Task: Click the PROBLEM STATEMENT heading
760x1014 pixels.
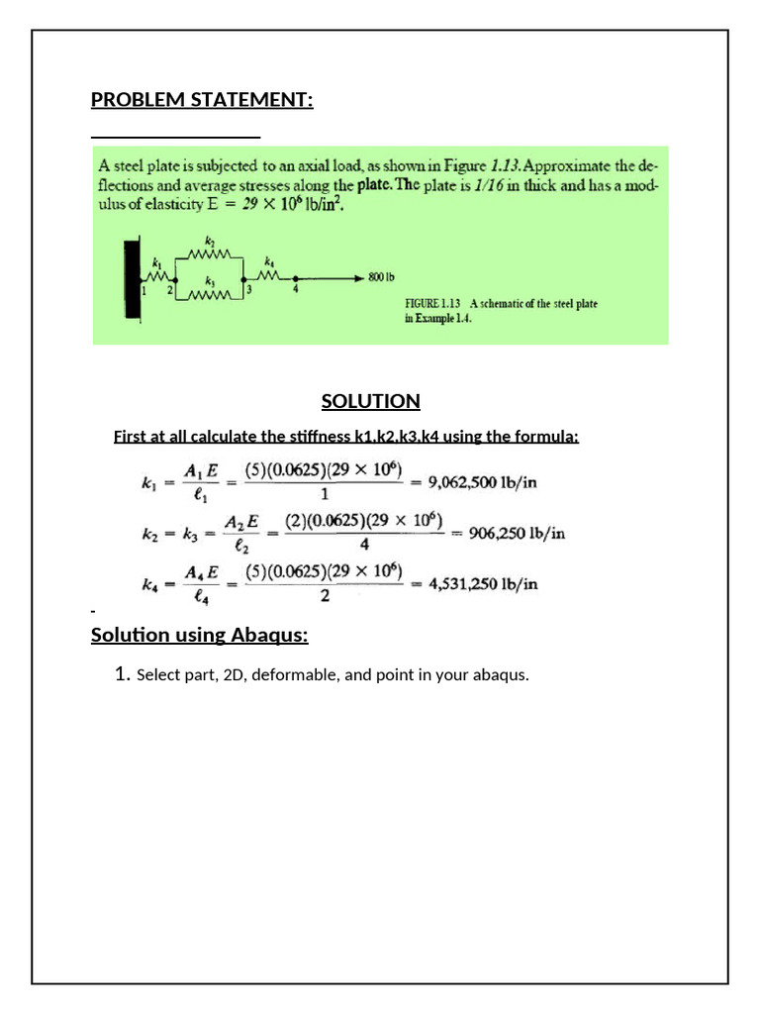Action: coord(202,100)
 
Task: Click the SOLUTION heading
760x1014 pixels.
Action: coord(370,401)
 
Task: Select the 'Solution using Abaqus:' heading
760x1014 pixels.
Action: coord(199,635)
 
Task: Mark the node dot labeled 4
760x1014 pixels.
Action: coord(294,278)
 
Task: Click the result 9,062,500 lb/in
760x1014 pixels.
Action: coord(482,482)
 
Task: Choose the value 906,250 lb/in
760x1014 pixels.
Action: coord(517,533)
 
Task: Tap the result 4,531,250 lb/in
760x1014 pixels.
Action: coord(482,583)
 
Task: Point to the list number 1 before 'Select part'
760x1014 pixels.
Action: coord(122,675)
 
